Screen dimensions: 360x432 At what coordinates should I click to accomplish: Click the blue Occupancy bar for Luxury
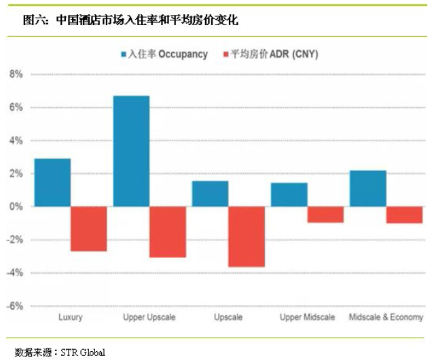pos(52,182)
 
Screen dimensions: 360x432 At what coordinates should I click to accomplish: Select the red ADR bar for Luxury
pos(89,229)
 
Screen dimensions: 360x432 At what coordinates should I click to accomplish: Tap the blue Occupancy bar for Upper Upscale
pos(131,151)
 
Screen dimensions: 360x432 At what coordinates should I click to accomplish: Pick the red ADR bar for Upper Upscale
pos(168,232)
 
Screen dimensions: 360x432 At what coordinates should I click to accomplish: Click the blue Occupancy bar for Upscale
pos(210,194)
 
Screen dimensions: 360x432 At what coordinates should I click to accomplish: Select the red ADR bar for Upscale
pos(247,236)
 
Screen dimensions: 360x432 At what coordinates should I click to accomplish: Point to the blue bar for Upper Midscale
pos(289,194)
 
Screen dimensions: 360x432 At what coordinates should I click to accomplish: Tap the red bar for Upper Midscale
pos(325,214)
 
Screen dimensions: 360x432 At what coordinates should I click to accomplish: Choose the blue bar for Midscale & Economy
pos(368,188)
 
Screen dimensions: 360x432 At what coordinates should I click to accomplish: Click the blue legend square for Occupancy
pos(124,54)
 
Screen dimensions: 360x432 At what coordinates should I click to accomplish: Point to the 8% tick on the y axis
pos(15,74)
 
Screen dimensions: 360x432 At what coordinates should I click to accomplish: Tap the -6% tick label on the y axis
pos(14,306)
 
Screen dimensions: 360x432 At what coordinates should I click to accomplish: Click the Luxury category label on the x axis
pos(71,318)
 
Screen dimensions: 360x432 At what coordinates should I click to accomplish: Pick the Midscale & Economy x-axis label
pos(386,318)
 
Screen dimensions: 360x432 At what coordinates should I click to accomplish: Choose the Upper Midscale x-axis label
pos(307,318)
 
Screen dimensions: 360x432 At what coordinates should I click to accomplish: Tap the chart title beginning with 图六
pos(130,21)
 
